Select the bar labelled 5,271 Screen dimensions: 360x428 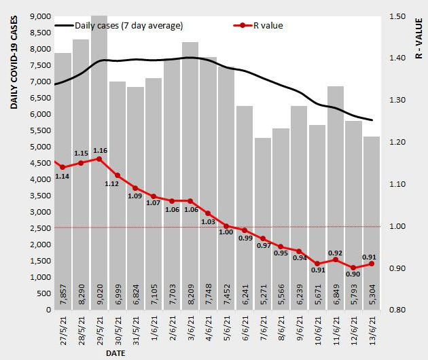click(x=263, y=224)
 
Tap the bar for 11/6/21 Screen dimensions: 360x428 click(x=336, y=204)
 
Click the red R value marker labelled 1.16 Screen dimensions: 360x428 click(x=99, y=159)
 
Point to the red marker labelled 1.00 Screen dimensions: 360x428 click(x=226, y=226)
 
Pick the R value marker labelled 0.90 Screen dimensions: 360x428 click(x=353, y=268)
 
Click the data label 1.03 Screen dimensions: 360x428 click(x=208, y=222)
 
